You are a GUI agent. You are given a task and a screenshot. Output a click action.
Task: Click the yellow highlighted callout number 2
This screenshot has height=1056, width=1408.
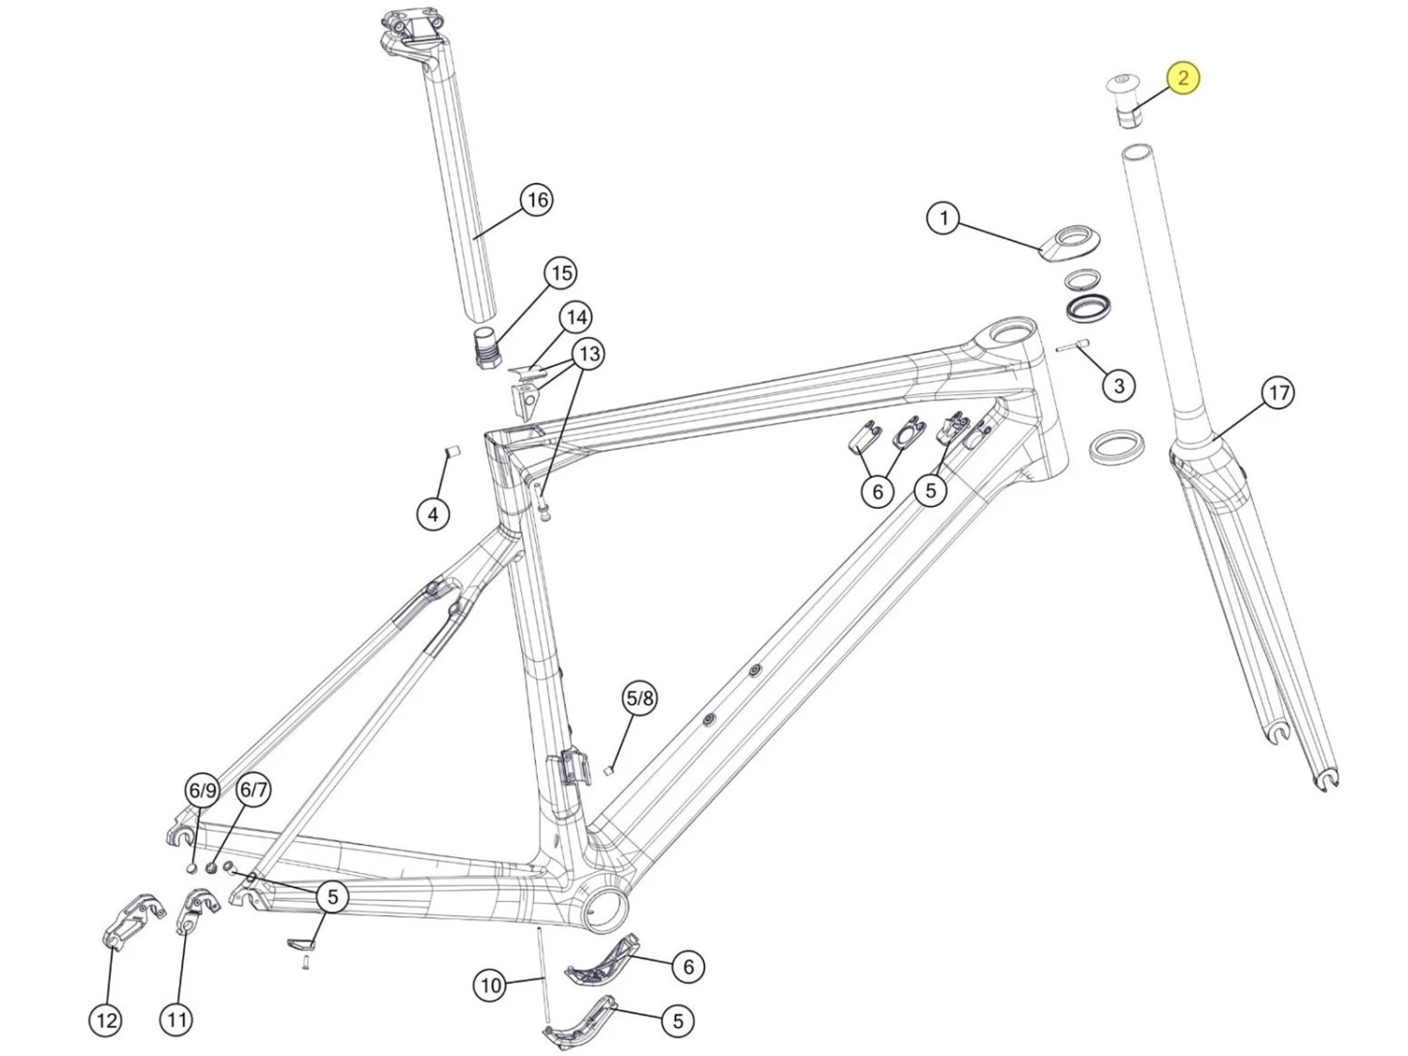pyautogui.click(x=1183, y=77)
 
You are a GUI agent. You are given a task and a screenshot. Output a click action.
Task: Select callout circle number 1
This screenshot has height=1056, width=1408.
pyautogui.click(x=943, y=219)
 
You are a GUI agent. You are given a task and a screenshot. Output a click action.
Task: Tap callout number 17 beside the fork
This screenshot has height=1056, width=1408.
pyautogui.click(x=1278, y=392)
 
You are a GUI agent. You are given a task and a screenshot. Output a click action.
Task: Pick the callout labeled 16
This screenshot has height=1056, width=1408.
pyautogui.click(x=537, y=200)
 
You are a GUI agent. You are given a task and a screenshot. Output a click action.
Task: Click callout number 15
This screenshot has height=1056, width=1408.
pyautogui.click(x=561, y=273)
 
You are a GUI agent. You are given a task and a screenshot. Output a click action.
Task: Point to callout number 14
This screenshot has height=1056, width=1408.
pyautogui.click(x=576, y=317)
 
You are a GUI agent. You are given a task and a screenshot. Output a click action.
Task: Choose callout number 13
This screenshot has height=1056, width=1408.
pyautogui.click(x=589, y=354)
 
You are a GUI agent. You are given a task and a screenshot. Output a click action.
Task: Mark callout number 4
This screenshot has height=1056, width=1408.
pyautogui.click(x=433, y=514)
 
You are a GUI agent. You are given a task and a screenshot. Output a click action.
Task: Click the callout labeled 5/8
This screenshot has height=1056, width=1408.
pyautogui.click(x=639, y=698)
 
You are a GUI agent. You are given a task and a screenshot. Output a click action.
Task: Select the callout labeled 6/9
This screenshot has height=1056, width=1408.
pyautogui.click(x=203, y=790)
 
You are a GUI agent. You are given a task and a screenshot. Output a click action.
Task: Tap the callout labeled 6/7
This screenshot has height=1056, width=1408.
pyautogui.click(x=253, y=789)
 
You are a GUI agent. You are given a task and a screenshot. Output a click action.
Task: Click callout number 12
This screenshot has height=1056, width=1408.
pyautogui.click(x=106, y=1019)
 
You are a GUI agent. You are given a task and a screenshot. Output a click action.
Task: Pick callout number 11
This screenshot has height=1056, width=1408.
pyautogui.click(x=176, y=1018)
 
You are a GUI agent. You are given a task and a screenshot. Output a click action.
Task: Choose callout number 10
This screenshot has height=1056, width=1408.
pyautogui.click(x=491, y=986)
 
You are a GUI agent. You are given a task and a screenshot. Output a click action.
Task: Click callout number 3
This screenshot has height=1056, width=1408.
pyautogui.click(x=1118, y=386)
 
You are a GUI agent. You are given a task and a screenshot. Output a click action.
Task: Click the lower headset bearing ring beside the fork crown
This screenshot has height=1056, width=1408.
pyautogui.click(x=1117, y=445)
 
